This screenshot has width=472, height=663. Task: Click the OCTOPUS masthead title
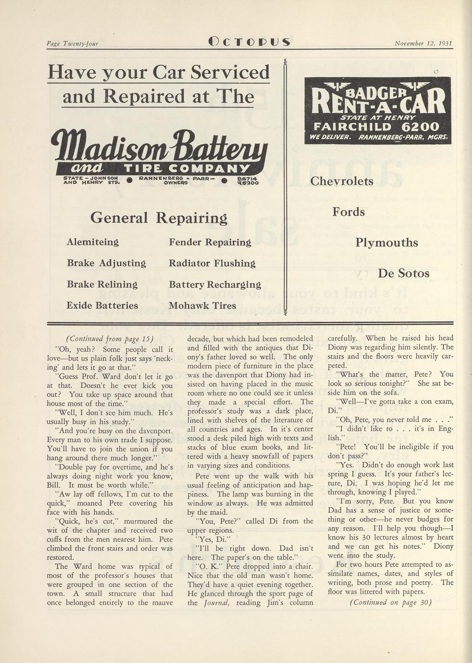[249, 42]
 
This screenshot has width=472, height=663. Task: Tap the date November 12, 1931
[423, 43]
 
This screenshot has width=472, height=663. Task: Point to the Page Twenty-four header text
[72, 44]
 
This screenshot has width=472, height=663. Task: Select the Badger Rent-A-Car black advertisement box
[377, 110]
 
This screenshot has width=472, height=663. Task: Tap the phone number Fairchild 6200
[376, 127]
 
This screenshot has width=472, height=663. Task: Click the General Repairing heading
[159, 218]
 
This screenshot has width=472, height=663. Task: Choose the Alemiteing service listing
[93, 242]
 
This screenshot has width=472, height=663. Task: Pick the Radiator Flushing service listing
[212, 263]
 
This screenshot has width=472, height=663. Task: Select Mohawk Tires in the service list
[202, 306]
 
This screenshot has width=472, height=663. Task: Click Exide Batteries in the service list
[102, 306]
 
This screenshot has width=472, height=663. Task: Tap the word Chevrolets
[342, 181]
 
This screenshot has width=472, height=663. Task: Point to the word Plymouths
[386, 243]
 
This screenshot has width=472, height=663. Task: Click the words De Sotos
[403, 273]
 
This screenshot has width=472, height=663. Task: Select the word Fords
[348, 212]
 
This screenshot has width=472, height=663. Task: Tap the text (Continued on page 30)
[390, 602]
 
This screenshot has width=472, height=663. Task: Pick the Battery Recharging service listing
[215, 284]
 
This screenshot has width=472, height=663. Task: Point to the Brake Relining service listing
[102, 284]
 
